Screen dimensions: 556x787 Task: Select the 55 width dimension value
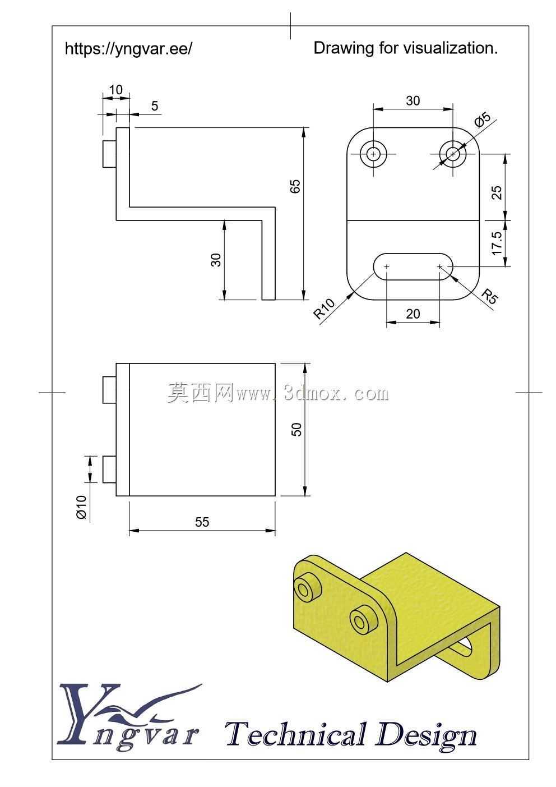pos(202,522)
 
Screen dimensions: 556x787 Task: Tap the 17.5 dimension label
pos(497,243)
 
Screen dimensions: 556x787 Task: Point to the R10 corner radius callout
pos(325,309)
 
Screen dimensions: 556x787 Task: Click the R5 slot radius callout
pos(490,296)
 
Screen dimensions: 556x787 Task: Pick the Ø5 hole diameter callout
pos(483,120)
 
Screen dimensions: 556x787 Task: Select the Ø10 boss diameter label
pos(81,507)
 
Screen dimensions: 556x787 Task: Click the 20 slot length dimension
pos(413,314)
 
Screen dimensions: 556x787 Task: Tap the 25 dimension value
pos(497,192)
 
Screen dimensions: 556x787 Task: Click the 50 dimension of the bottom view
pos(296,429)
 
